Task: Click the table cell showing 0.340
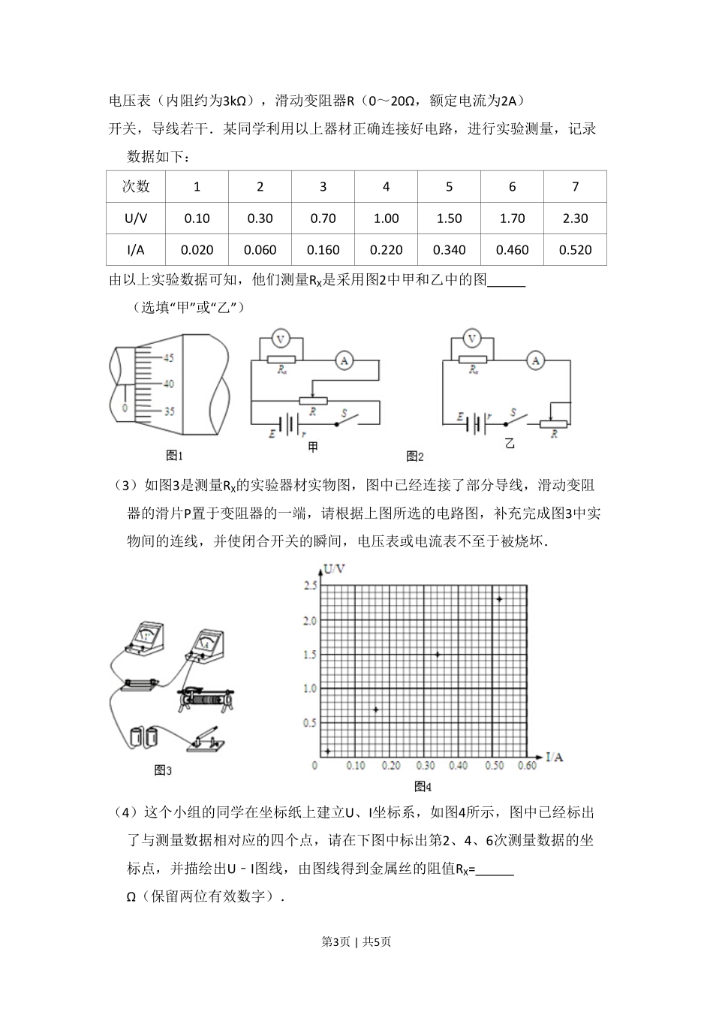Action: click(x=449, y=250)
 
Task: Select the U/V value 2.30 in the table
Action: click(x=575, y=218)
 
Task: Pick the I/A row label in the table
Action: click(x=136, y=250)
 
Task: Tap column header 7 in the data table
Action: click(x=575, y=187)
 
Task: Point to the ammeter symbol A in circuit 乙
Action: click(x=535, y=361)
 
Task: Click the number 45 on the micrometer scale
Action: click(x=167, y=357)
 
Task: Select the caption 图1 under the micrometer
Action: click(x=174, y=455)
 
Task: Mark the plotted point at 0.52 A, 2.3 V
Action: click(x=498, y=598)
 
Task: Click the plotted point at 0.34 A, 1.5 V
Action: click(x=437, y=654)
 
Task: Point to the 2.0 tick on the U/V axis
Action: click(x=308, y=621)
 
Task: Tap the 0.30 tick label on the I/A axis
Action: click(x=426, y=766)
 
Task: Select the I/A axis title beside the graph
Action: click(x=554, y=757)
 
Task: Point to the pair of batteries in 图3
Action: click(x=144, y=735)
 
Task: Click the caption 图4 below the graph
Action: click(x=423, y=787)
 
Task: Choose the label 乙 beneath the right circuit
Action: click(x=510, y=444)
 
